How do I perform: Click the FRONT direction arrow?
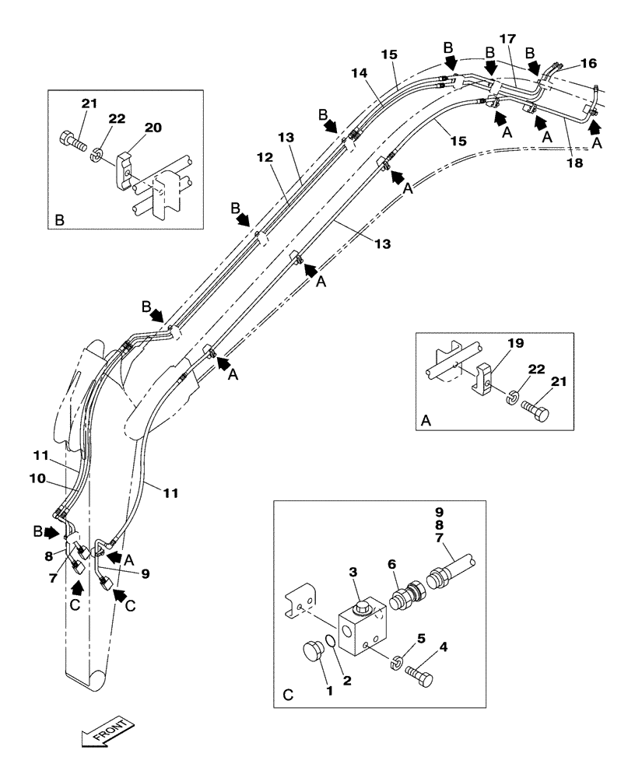[x=107, y=734]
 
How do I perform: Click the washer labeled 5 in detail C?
[x=395, y=662]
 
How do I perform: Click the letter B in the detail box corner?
[x=60, y=221]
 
